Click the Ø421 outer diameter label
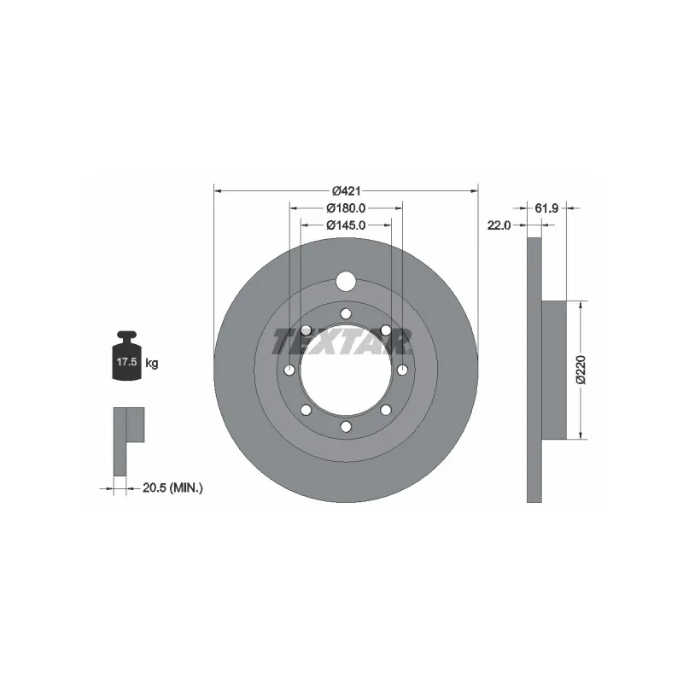coord(346,190)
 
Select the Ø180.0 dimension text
coord(346,207)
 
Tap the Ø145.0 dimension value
coord(346,225)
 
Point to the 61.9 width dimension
coord(546,207)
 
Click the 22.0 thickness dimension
coord(499,225)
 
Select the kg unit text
coord(152,363)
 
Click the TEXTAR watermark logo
coord(342,342)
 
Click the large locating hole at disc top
coord(346,281)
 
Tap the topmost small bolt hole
coord(346,313)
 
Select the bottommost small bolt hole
coord(346,426)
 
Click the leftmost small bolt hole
coord(289,370)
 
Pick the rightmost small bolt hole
coord(402,370)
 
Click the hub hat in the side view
coord(554,369)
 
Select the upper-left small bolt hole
coord(306,330)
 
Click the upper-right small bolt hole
coord(386,330)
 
